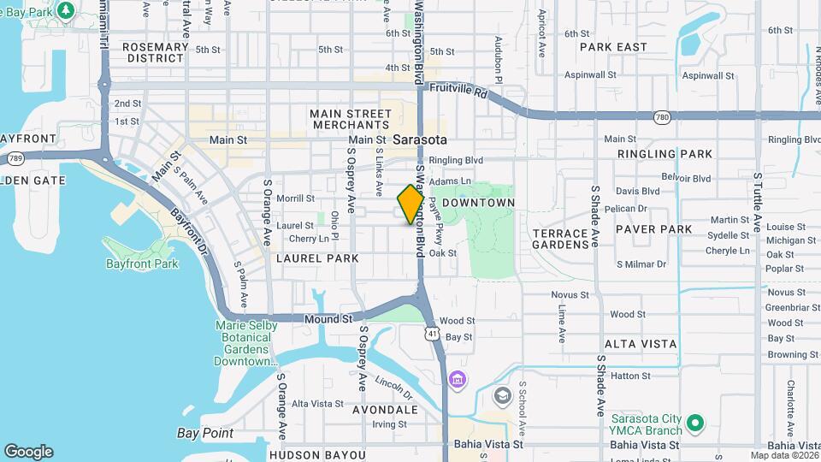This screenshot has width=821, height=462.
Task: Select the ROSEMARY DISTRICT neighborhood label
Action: click(x=155, y=53)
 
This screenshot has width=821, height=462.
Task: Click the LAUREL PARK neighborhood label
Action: click(x=317, y=258)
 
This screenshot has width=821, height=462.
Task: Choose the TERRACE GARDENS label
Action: click(x=560, y=239)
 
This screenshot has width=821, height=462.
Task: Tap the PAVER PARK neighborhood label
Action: click(x=653, y=229)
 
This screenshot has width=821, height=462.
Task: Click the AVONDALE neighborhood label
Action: click(x=386, y=410)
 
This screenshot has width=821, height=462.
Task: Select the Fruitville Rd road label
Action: click(x=458, y=88)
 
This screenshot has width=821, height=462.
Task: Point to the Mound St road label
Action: click(x=329, y=318)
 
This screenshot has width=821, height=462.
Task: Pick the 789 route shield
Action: click(x=15, y=157)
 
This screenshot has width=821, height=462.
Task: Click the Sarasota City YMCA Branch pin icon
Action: click(x=695, y=423)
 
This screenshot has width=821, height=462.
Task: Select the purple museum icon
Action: click(x=458, y=379)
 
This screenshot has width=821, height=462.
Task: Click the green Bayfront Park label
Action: click(x=142, y=264)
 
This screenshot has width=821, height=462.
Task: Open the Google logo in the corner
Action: click(x=28, y=452)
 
